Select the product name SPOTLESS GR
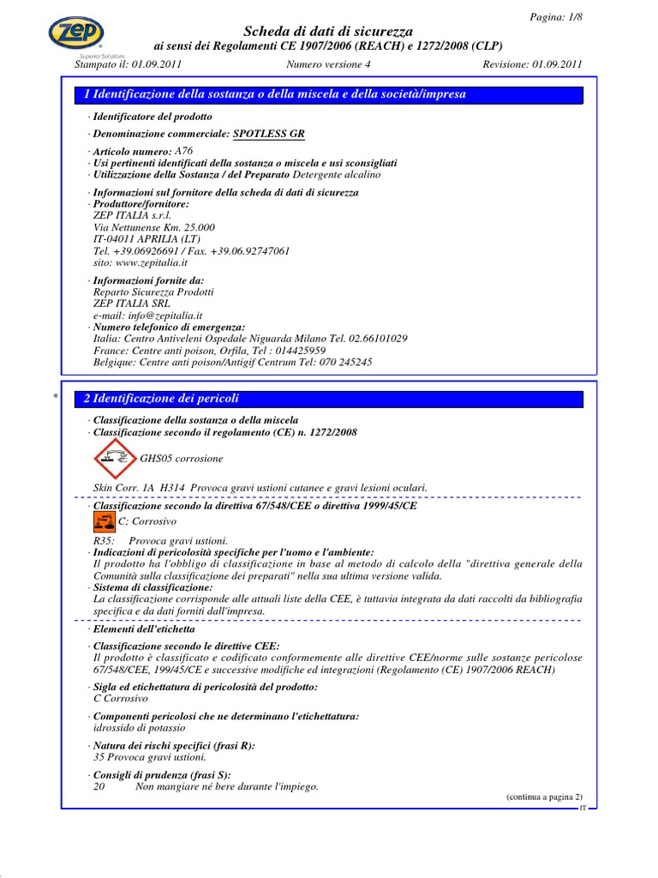click(x=268, y=134)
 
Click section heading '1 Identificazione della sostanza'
click(x=275, y=94)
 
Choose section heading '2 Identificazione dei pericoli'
click(x=162, y=399)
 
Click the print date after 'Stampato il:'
click(x=157, y=63)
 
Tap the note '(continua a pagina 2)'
click(x=543, y=797)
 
